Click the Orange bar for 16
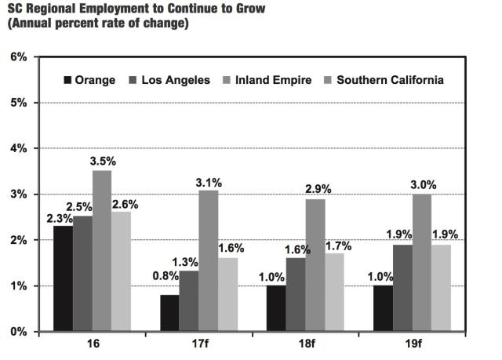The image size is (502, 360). [64, 278]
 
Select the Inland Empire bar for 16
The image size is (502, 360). [101, 251]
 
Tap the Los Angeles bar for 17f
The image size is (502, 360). [190, 301]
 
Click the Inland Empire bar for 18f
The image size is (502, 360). [315, 265]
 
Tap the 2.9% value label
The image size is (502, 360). [316, 190]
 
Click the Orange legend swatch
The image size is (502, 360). [67, 80]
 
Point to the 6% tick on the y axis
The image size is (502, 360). [18, 57]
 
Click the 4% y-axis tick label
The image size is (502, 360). [18, 148]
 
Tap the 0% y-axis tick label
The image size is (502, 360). [18, 332]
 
